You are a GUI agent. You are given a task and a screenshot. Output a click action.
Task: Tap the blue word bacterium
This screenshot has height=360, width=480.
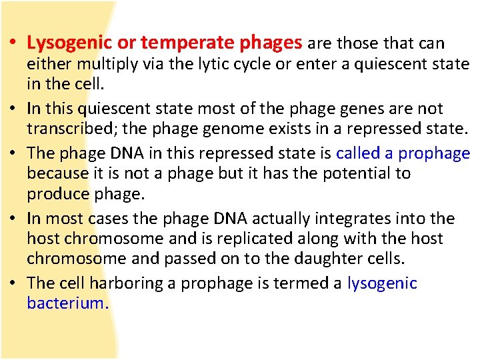click(65, 303)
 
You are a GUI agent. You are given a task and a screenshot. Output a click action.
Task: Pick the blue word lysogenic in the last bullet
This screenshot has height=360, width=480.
click(382, 283)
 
